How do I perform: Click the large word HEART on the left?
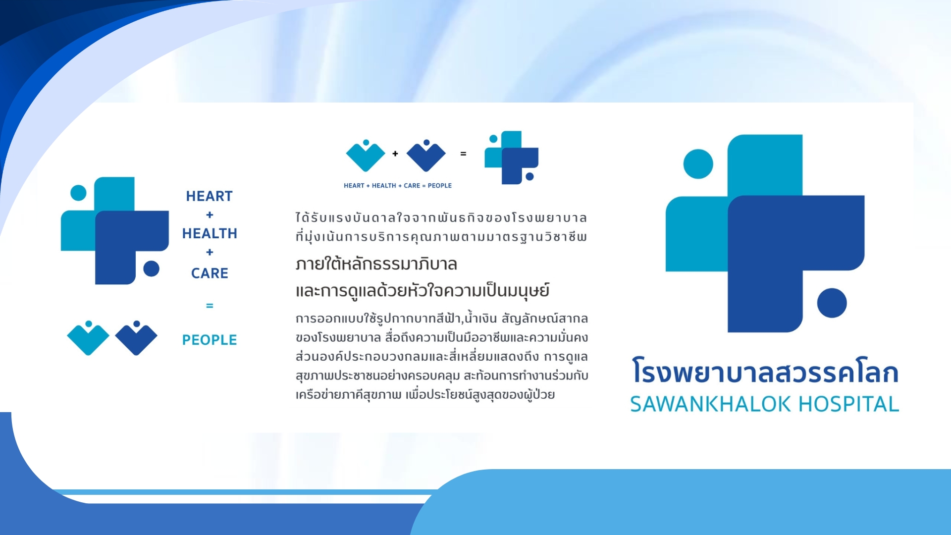[x=209, y=196]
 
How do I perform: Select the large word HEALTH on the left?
[x=210, y=233]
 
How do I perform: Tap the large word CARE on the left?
[x=210, y=273]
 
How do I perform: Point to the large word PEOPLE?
[x=210, y=340]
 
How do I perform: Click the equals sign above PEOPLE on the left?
[x=210, y=306]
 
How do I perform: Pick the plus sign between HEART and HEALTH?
[x=210, y=215]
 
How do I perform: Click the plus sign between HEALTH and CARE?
[x=210, y=252]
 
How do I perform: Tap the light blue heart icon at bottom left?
[x=88, y=339]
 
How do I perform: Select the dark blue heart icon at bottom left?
[x=136, y=339]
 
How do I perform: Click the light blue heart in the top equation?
[x=366, y=156]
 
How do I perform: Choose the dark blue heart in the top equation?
[x=426, y=156]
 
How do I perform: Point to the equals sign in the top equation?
[x=463, y=154]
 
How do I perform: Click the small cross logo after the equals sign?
[x=512, y=158]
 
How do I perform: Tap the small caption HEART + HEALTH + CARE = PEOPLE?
[x=398, y=186]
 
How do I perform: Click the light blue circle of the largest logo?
[x=698, y=164]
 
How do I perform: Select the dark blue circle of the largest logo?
[x=832, y=303]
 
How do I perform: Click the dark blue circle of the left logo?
[x=151, y=268]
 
